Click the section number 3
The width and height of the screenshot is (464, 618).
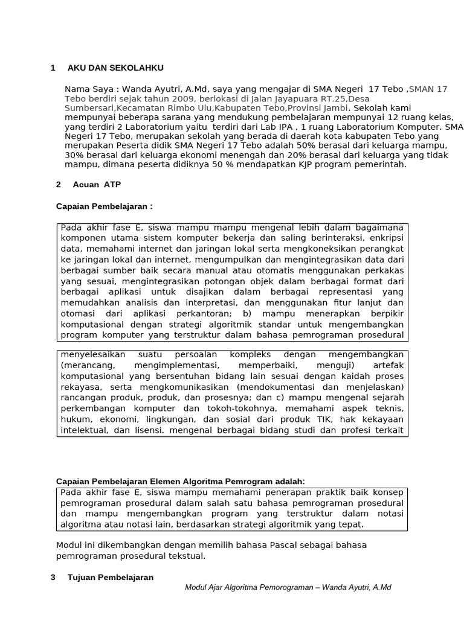[x=53, y=577]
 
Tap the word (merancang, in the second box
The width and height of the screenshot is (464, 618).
[x=85, y=366]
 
